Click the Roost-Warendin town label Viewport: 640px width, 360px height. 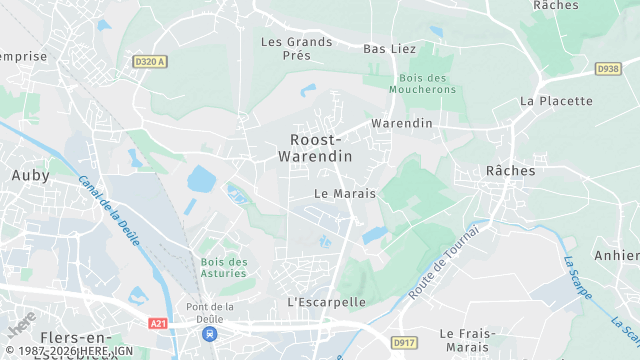321,148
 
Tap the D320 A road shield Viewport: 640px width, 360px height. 149,61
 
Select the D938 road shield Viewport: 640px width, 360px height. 608,69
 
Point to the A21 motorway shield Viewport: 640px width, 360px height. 158,323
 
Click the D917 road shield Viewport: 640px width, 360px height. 404,343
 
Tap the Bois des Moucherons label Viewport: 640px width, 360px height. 427,84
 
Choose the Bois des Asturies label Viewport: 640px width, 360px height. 224,268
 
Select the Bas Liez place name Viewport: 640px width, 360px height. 389,48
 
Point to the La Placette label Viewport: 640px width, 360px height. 556,101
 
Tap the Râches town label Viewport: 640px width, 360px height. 510,171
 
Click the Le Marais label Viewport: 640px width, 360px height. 343,193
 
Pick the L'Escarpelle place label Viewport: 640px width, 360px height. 326,301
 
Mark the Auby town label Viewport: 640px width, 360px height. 30,175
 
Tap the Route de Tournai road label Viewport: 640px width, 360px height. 444,262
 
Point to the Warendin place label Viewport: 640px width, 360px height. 401,123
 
